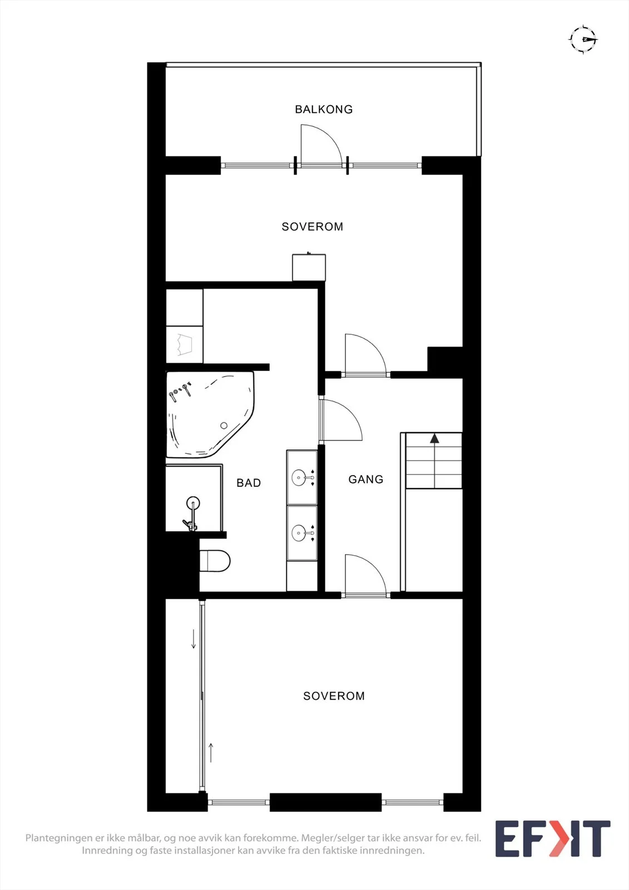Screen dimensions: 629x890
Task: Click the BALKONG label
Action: pyautogui.click(x=324, y=109)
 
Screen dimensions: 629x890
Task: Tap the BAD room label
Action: pyautogui.click(x=249, y=483)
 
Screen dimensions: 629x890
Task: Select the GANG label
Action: pyautogui.click(x=366, y=479)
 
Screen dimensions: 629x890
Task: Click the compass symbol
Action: pyautogui.click(x=583, y=39)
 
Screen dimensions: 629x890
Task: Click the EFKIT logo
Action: pyautogui.click(x=553, y=838)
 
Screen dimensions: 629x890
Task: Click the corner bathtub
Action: pyautogui.click(x=210, y=414)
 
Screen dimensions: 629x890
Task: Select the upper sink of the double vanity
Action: pyautogui.click(x=302, y=477)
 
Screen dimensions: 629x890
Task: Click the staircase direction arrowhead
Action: pyautogui.click(x=434, y=438)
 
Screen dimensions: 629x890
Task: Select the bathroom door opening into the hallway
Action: pyautogui.click(x=340, y=421)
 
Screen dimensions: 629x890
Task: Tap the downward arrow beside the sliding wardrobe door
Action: pyautogui.click(x=194, y=639)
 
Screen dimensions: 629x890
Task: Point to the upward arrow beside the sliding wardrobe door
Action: pyautogui.click(x=211, y=753)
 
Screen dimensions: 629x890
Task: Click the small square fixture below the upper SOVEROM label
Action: pyautogui.click(x=309, y=267)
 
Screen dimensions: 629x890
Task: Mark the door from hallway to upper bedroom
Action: pyautogui.click(x=365, y=355)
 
